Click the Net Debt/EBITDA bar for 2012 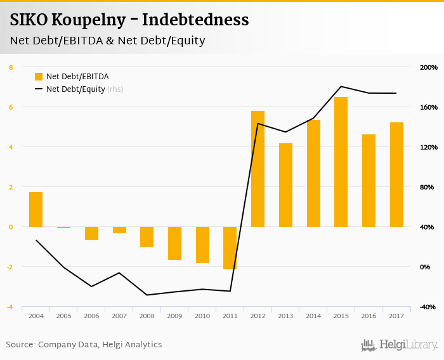point(258,169)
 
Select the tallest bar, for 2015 point(341,162)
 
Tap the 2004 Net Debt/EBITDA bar point(36,209)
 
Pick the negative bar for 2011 point(230,248)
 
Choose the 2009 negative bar point(174,243)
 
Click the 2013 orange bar point(285,185)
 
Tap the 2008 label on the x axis point(147,316)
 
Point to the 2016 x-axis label point(369,316)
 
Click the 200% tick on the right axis point(428,67)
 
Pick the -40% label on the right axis point(428,307)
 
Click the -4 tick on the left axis point(10,307)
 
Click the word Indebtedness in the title point(195,20)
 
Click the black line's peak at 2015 point(341,86)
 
